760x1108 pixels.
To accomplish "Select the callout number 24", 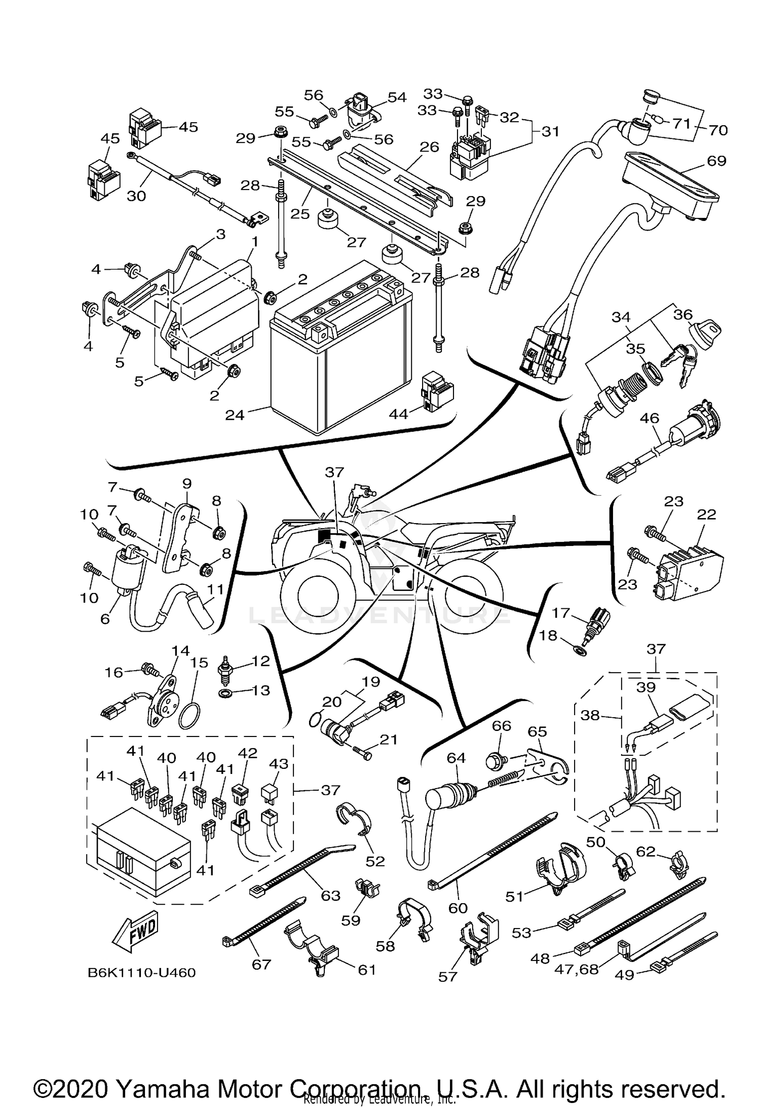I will (x=235, y=415).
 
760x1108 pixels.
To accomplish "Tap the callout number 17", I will (x=561, y=613).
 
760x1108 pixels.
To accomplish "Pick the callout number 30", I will (x=136, y=196).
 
